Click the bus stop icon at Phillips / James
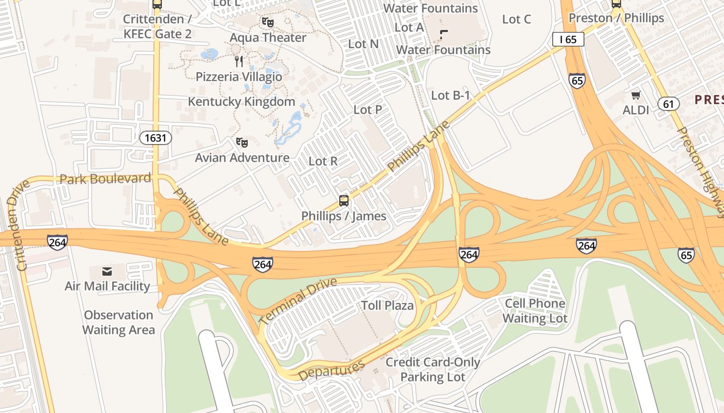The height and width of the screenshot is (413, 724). coord(343,201)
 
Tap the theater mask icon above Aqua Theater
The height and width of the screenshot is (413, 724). coord(267,22)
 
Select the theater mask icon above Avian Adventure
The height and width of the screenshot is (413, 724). coord(242,142)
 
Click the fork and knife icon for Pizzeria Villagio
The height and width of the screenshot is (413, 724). coord(239,61)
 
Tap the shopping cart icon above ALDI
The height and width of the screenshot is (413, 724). coord(636,95)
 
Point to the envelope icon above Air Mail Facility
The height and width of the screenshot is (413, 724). coord(107,272)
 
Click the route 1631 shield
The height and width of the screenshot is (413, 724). coord(155,138)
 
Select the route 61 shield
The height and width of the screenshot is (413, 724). coord(669,104)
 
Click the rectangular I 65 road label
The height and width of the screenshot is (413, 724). coord(568,39)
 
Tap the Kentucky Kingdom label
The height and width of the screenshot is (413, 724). coord(242,102)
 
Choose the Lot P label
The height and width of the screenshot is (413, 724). coord(368,110)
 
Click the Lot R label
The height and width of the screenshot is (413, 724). coord(323,162)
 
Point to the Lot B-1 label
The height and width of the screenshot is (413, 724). coord(450,96)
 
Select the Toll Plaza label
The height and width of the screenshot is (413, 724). coord(387,306)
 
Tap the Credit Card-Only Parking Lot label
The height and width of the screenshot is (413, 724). coord(433,370)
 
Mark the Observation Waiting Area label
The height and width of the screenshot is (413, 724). coord(118,322)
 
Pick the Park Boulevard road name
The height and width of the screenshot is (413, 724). coord(105,179)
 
